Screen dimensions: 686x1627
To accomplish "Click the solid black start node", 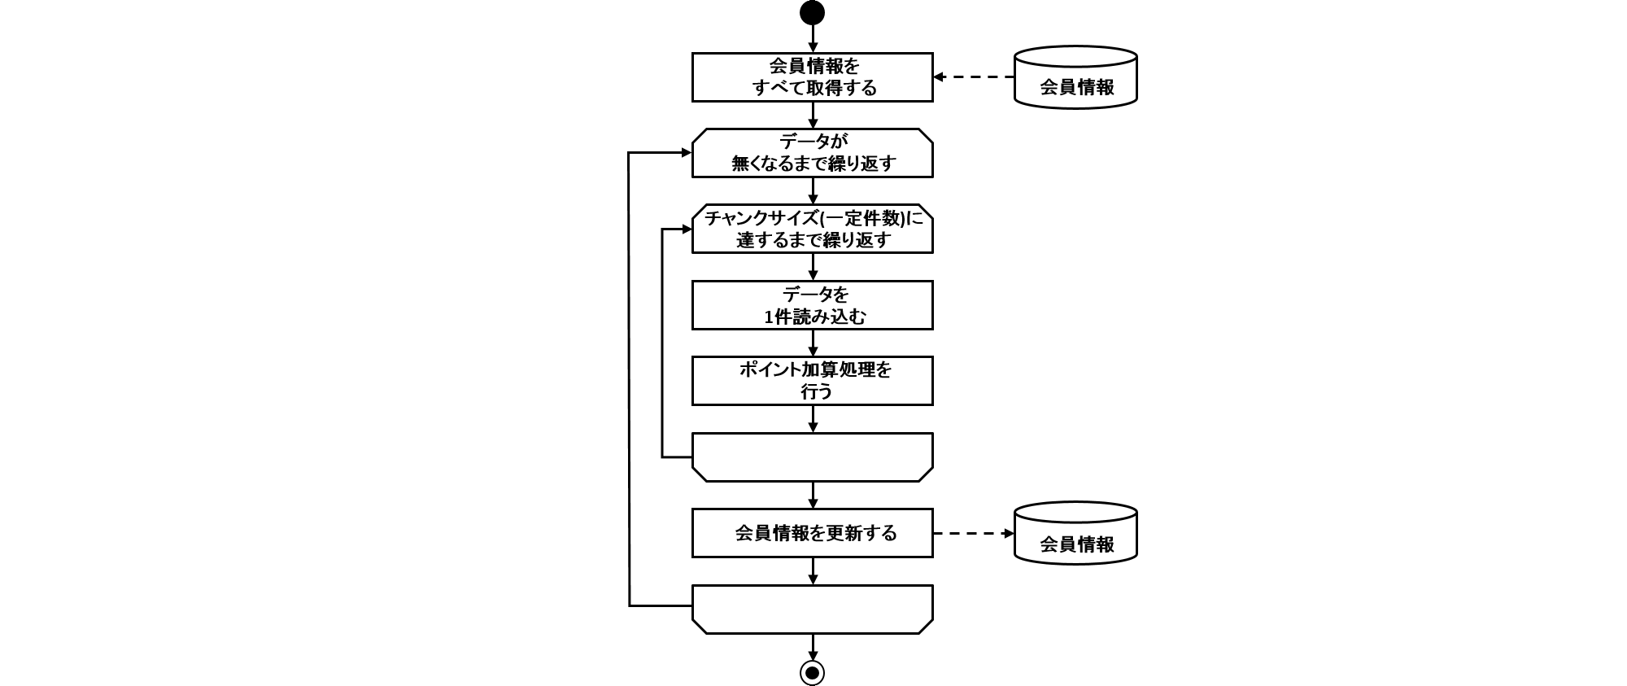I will tap(812, 13).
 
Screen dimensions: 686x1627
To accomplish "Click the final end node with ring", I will tap(812, 672).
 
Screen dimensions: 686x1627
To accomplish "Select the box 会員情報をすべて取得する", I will tap(812, 77).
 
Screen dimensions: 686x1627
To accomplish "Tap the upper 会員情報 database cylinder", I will tap(1075, 78).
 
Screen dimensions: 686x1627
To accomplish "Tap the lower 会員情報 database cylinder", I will tap(1075, 534).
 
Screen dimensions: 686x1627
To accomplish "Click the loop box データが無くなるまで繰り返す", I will tap(812, 153).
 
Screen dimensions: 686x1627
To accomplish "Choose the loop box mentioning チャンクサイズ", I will tap(812, 229).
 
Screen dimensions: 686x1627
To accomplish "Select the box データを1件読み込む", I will tap(812, 305).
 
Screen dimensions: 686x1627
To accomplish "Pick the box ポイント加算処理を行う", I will tap(812, 381).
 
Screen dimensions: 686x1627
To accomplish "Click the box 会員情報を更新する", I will tap(812, 533).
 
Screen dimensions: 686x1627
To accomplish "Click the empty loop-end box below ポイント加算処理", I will tap(812, 457).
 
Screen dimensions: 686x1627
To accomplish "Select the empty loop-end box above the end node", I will tap(812, 609).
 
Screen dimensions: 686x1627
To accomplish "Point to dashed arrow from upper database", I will tap(973, 77).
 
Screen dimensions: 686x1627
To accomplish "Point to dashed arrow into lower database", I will tap(973, 534).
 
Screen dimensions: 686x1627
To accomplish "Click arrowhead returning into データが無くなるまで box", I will tap(686, 153).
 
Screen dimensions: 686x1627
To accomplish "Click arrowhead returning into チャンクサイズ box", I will tap(686, 229).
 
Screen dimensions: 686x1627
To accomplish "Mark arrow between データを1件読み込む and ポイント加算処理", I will tap(813, 343).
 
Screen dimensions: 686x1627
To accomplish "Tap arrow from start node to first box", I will tap(813, 39).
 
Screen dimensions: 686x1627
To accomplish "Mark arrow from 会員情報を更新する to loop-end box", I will tap(813, 571).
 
